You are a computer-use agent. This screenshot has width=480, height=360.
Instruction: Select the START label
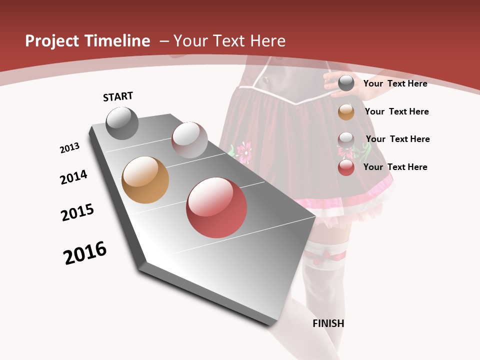pos(118,96)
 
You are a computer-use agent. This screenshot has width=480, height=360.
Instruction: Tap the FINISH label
pos(328,323)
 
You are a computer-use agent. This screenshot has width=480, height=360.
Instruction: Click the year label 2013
pos(69,148)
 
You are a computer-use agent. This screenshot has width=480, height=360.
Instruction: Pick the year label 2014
pos(73,177)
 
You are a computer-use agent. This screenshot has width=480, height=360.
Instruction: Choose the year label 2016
pos(85,253)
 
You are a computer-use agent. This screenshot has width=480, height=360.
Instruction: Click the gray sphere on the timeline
pos(122,123)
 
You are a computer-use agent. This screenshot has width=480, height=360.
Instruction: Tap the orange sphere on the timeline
pos(145,180)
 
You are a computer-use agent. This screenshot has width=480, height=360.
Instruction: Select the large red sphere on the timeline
pos(216,207)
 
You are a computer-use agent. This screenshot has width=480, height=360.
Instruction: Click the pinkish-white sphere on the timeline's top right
pos(189,139)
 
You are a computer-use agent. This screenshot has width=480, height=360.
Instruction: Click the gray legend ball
pos(346,83)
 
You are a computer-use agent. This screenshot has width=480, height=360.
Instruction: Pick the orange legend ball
pos(346,112)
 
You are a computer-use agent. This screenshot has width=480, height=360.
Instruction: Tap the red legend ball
pos(346,167)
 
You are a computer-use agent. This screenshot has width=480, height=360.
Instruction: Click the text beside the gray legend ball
pos(395,83)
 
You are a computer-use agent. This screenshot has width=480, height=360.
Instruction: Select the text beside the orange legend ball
pos(396,111)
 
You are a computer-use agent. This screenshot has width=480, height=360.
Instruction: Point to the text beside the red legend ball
pos(395,167)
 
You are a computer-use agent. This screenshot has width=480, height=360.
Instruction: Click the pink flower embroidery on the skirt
pos(244,151)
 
